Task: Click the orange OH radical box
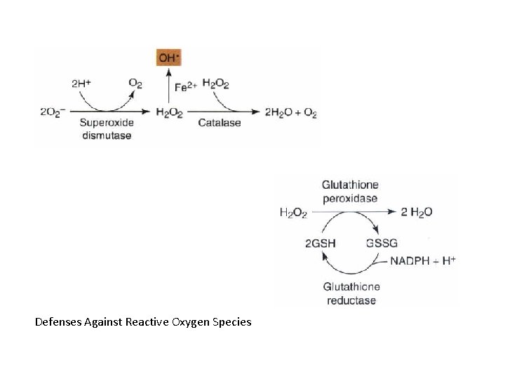168,58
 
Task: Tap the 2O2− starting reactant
53,112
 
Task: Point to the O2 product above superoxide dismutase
135,83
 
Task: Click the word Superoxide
105,123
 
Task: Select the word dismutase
105,135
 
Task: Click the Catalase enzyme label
219,123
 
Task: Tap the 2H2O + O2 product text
290,112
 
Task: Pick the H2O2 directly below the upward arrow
168,112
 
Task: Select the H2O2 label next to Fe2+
215,83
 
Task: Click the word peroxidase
350,198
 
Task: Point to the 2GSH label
320,243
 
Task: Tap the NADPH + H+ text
423,260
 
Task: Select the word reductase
351,300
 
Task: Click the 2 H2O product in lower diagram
416,212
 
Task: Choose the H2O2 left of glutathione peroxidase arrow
293,213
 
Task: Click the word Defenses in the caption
57,322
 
